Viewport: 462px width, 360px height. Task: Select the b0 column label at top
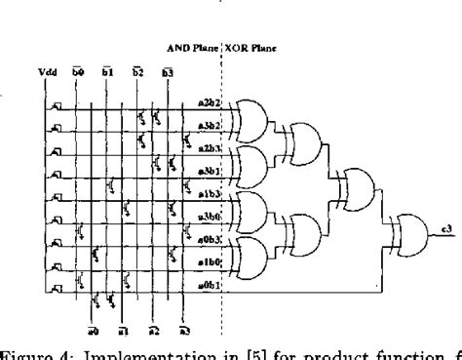click(81, 71)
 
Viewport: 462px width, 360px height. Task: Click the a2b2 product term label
click(209, 102)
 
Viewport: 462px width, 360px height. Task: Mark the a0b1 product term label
click(209, 283)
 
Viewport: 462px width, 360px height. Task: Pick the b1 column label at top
click(109, 71)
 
